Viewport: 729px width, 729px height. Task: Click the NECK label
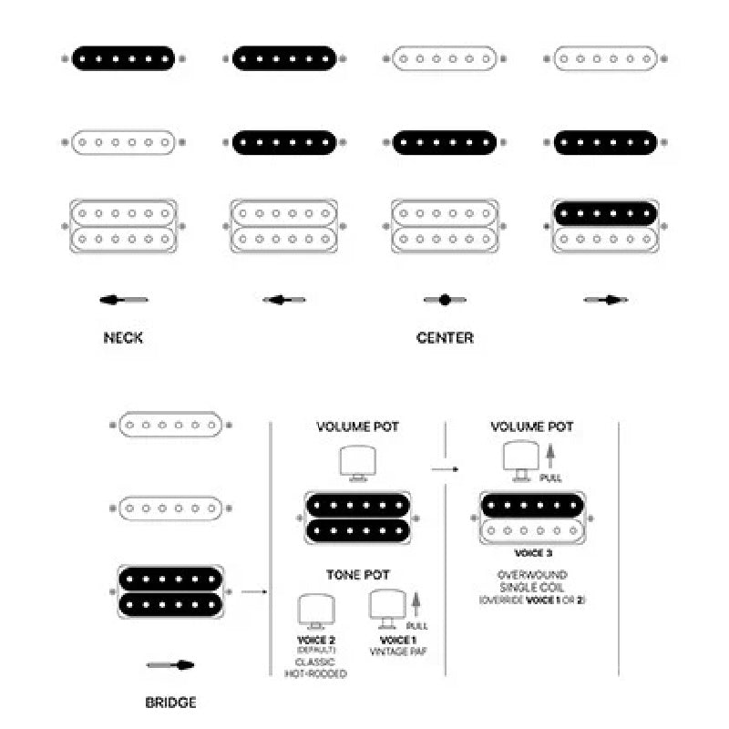click(123, 338)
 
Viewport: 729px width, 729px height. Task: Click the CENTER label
click(445, 338)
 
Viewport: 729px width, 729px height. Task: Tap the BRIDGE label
click(170, 703)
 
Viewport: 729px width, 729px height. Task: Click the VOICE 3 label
click(534, 553)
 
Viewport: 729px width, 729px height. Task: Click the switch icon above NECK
click(124, 300)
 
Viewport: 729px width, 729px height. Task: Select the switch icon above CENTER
click(445, 300)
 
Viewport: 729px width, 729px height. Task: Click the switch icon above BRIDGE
click(170, 665)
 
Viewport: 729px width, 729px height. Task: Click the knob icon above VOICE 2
click(316, 610)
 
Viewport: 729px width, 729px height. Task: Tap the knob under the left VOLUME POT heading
click(356, 461)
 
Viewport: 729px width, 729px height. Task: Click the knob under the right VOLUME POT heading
click(519, 458)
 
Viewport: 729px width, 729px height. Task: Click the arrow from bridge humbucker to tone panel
click(256, 592)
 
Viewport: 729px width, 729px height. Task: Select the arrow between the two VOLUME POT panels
click(444, 469)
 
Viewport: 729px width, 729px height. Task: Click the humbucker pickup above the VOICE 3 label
click(534, 519)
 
